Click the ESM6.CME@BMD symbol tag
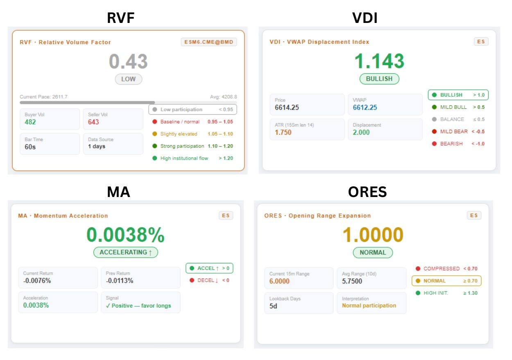point(209,42)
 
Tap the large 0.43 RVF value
point(128,61)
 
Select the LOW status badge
point(128,79)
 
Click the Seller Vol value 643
point(93,122)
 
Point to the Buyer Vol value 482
point(30,122)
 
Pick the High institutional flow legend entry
point(184,158)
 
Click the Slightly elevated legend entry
point(179,134)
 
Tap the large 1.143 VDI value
point(379,61)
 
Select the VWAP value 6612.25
point(365,107)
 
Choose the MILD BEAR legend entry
point(454,131)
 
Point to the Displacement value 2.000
point(361,132)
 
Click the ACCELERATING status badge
point(125,252)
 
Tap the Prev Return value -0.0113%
point(120,281)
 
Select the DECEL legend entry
point(208,280)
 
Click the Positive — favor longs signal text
point(138,306)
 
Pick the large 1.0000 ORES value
point(373,235)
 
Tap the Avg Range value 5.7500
point(352,281)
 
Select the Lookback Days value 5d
point(273,306)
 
